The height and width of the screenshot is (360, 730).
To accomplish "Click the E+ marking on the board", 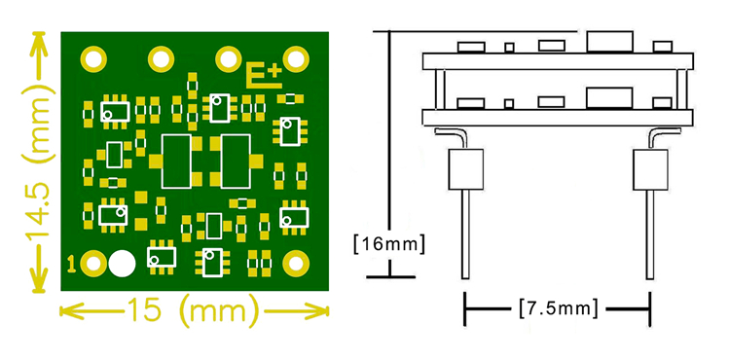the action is tap(264, 75).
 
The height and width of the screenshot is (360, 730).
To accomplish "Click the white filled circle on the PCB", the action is tap(122, 264).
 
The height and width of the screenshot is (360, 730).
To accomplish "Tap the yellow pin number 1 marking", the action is tap(72, 264).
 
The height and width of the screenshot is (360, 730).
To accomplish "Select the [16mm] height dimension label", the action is tap(389, 243).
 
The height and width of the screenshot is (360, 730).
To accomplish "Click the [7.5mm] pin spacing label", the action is tap(557, 308).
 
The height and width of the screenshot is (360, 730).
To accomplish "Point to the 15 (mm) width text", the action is tap(193, 310).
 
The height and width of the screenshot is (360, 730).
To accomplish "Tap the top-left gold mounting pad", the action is tap(94, 59).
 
